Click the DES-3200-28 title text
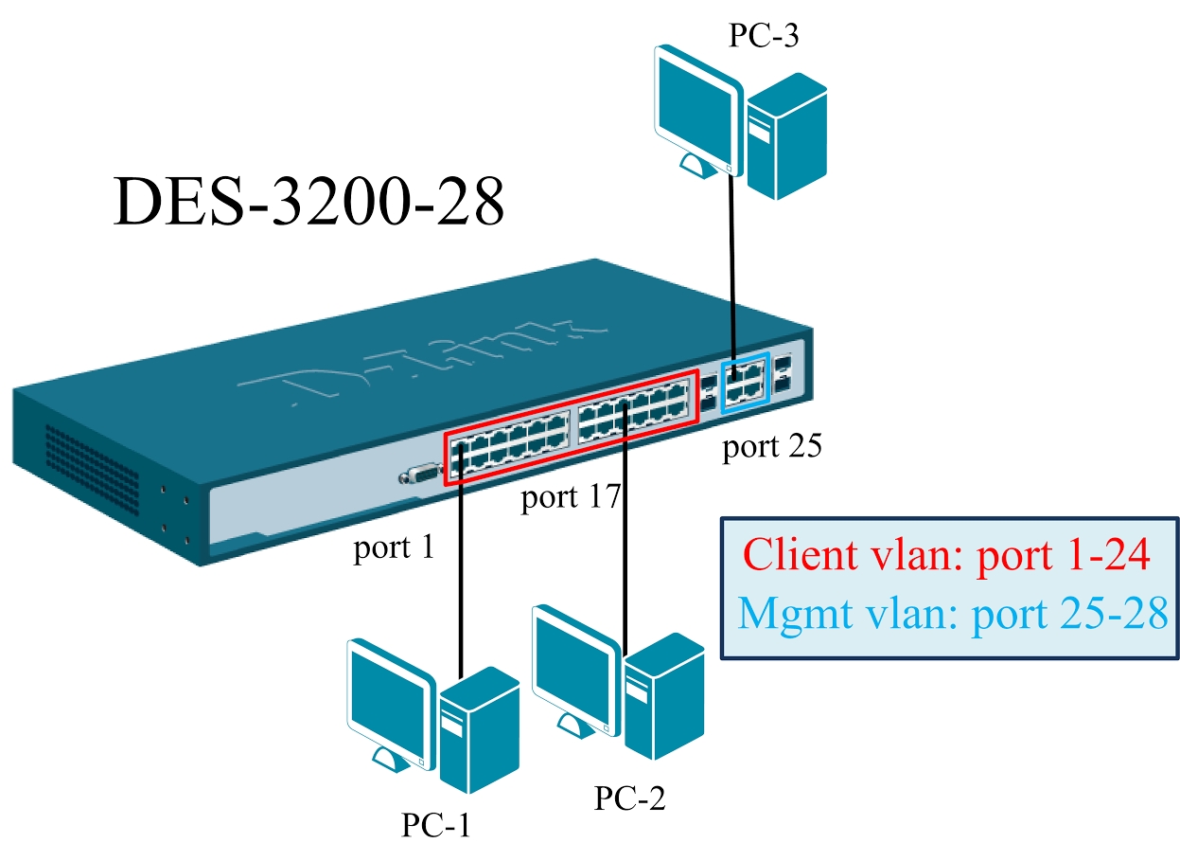[308, 200]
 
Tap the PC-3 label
[763, 35]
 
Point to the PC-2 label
[629, 798]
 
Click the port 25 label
[771, 446]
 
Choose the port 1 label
[394, 547]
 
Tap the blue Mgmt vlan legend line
[951, 614]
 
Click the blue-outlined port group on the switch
[744, 386]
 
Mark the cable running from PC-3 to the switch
[731, 265]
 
